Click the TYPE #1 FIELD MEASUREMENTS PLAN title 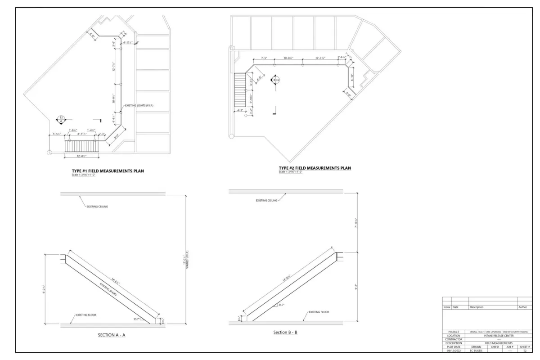click(108, 171)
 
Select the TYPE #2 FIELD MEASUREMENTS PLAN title click(315, 168)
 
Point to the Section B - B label click(285, 333)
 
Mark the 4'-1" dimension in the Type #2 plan click(239, 110)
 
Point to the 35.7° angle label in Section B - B click(281, 305)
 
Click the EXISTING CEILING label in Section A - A click(97, 207)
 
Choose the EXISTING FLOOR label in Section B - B click(319, 312)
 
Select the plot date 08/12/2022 click(454, 350)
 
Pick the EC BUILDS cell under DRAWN click(476, 350)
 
